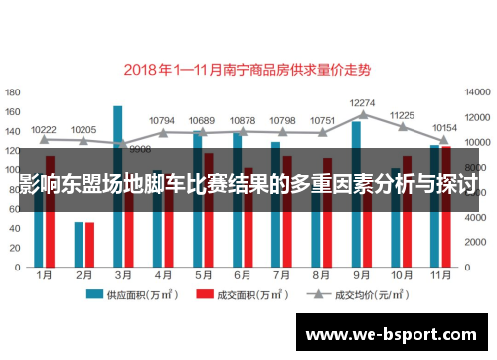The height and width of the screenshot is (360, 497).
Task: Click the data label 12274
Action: coord(363,102)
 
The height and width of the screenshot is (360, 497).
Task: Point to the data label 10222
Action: coord(44,129)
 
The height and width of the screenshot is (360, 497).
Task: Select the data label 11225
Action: coord(402,115)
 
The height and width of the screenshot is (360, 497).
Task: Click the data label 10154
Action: coord(443,128)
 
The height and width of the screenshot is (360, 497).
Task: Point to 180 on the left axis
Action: coord(14,90)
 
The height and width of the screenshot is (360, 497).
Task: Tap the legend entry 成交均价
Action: coord(347,295)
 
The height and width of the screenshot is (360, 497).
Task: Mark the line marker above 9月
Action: coord(362,114)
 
